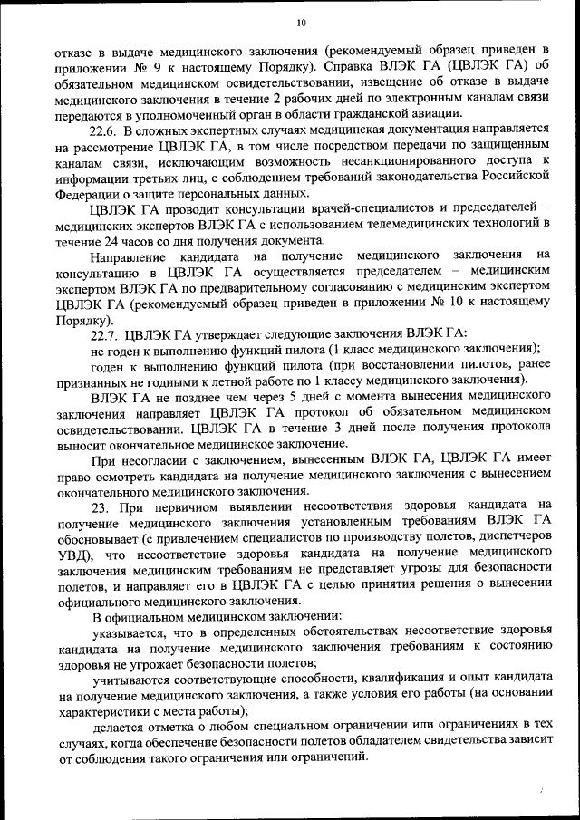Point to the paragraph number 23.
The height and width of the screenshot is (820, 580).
click(x=101, y=505)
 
